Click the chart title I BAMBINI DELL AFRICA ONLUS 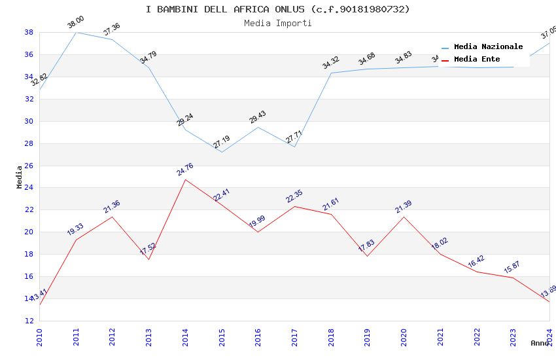(277, 9)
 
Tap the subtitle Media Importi (277, 23)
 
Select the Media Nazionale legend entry (488, 47)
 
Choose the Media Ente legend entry (477, 60)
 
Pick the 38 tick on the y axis (29, 32)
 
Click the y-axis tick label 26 (29, 166)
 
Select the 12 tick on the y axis (29, 321)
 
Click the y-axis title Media (20, 177)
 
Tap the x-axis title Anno (540, 343)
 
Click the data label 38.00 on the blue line (76, 23)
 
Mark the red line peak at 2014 (185, 179)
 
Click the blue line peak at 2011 (76, 32)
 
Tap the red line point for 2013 (148, 259)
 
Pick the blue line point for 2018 (331, 73)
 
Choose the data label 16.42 (476, 262)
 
